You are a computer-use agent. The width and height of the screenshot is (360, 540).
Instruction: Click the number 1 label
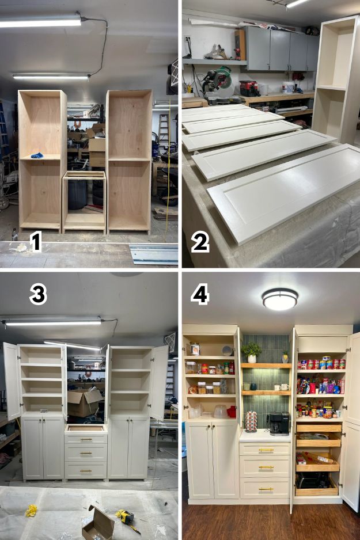36,241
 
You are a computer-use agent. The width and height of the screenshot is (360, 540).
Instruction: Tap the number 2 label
200,242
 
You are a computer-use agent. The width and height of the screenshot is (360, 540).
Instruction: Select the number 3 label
38,295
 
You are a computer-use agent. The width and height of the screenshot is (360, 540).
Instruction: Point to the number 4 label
200,295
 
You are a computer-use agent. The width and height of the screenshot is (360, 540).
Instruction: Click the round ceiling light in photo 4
280,299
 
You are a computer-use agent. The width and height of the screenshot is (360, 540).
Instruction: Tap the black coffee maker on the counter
279,423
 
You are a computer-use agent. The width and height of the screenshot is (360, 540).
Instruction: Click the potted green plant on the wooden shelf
252,352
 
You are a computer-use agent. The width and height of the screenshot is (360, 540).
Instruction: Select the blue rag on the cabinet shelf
37,155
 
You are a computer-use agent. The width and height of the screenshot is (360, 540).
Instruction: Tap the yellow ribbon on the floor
31,511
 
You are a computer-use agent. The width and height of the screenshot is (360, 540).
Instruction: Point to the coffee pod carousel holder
251,421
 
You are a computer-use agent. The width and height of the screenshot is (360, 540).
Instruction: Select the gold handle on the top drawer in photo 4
266,450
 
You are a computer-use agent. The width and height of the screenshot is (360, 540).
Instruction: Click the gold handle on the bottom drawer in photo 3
86,471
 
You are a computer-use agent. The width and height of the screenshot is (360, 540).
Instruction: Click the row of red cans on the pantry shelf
321,364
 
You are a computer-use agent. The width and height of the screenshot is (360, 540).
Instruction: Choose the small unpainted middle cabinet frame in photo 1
84,203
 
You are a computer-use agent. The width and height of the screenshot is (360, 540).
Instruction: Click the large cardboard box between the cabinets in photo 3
84,402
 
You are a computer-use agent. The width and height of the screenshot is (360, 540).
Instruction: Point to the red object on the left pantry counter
232,412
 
